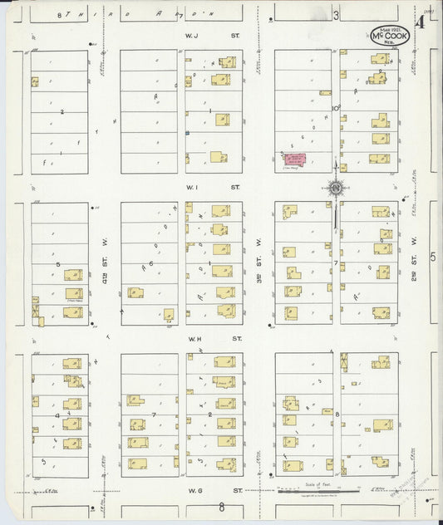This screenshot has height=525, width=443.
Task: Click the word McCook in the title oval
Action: click(390, 37)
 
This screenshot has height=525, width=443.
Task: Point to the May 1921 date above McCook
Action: click(389, 28)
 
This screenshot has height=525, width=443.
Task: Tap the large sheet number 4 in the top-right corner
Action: click(421, 22)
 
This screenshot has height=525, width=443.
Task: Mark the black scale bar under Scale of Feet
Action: click(317, 490)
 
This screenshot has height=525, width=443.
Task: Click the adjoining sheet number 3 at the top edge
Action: click(336, 15)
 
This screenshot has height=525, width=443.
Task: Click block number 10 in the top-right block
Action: click(337, 107)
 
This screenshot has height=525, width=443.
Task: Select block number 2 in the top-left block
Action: click(62, 110)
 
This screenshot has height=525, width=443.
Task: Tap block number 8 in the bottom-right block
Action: click(336, 413)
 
